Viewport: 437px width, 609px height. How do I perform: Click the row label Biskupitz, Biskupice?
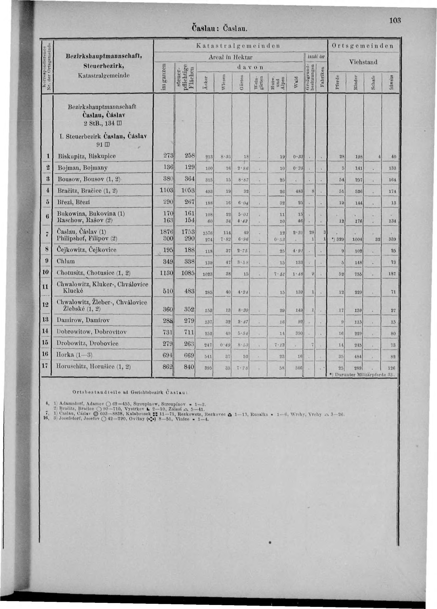click(x=85, y=156)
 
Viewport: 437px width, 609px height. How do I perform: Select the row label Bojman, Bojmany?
click(x=83, y=167)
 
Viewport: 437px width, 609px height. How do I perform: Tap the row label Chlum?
click(x=65, y=261)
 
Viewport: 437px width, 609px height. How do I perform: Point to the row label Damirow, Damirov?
click(x=84, y=320)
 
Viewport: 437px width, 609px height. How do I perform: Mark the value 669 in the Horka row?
click(x=189, y=355)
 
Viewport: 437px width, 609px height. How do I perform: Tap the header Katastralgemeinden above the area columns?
click(x=238, y=45)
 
